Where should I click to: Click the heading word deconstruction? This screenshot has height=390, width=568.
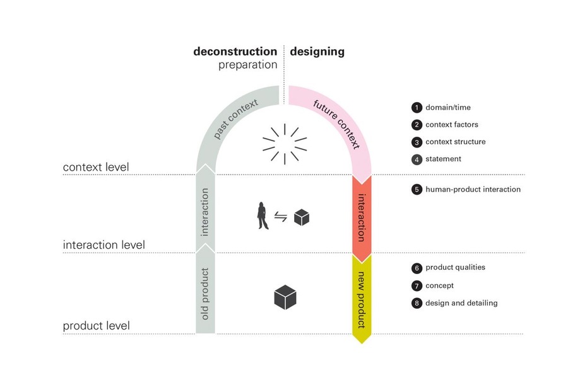tap(235, 52)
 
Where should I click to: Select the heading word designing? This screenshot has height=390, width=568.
tap(317, 52)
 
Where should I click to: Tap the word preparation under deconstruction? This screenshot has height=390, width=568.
tap(247, 65)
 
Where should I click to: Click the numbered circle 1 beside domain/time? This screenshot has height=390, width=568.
tap(417, 108)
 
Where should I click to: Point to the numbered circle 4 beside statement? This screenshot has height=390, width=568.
tap(417, 159)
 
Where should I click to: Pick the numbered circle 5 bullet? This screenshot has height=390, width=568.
tap(417, 189)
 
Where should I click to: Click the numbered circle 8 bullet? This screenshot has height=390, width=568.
tap(417, 303)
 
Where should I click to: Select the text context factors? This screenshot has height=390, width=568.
tap(451, 125)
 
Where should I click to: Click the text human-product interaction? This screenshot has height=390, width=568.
tap(473, 189)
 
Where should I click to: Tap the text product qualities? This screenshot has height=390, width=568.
tap(455, 267)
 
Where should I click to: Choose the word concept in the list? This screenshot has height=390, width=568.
tap(439, 285)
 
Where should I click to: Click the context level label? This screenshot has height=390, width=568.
tap(96, 167)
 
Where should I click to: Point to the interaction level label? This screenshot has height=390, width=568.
tap(104, 244)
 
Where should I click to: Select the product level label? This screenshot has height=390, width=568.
tap(96, 326)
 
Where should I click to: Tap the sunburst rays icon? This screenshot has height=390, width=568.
tap(285, 143)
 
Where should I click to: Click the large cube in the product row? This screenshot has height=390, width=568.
tap(285, 297)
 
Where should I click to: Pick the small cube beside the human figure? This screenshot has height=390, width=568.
tap(302, 218)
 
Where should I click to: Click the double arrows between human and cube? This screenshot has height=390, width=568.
tap(281, 217)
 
